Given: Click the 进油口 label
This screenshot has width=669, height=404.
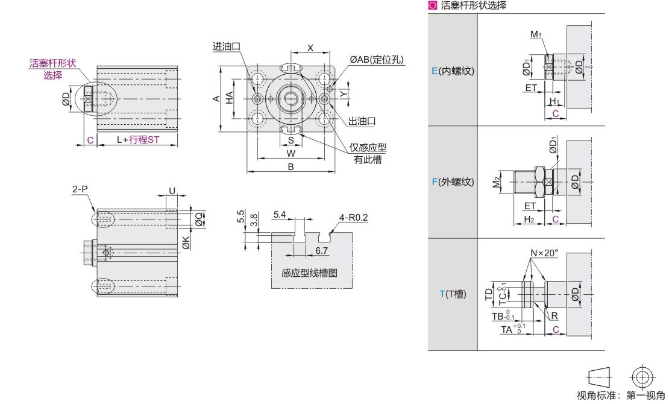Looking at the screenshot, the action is point(227,46).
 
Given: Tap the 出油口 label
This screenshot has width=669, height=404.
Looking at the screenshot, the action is point(362,121).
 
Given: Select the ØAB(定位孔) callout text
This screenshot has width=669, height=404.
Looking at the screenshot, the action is point(377,60).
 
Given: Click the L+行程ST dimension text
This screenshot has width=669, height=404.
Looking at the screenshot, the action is point(138,140).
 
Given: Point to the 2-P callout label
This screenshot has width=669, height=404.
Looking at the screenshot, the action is point(80,189).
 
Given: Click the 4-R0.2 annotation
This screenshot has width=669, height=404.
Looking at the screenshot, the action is point(353,217).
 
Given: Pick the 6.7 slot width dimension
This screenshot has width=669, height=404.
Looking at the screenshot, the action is point(321,251).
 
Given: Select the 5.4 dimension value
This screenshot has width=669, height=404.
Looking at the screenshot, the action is point(280,215).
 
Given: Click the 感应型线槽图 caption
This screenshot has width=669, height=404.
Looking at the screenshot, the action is point(309,273).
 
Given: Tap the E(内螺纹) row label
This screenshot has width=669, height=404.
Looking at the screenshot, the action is point(453,71).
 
